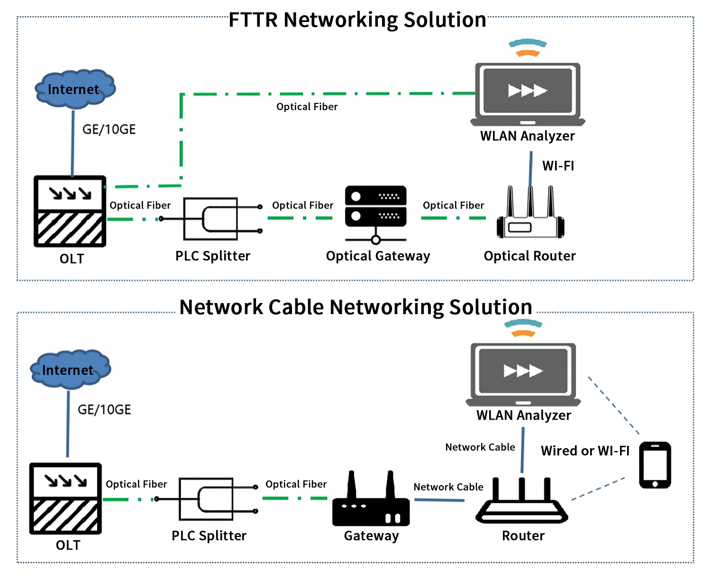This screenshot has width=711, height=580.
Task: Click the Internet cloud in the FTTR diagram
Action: click(75, 89)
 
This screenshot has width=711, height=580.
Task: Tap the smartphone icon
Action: click(655, 465)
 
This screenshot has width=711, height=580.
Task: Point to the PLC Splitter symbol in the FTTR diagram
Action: click(211, 219)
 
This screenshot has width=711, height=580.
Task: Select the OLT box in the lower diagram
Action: click(65, 498)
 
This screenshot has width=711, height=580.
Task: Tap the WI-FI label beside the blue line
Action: click(558, 166)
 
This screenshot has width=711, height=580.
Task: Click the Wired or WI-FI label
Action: click(585, 451)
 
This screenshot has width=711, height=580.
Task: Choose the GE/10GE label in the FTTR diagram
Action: click(109, 129)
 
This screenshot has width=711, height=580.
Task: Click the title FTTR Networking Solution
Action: click(357, 20)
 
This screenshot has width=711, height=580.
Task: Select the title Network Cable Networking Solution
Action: click(355, 307)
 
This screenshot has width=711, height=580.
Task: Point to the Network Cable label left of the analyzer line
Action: click(480, 447)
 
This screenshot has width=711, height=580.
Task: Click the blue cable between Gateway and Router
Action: click(439, 500)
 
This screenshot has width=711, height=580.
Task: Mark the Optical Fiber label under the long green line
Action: click(307, 107)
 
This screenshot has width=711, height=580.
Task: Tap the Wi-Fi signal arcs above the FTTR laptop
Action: click(528, 48)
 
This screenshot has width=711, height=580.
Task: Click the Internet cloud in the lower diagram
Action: click(70, 370)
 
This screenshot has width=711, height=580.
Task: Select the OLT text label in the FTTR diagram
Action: click(72, 259)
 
